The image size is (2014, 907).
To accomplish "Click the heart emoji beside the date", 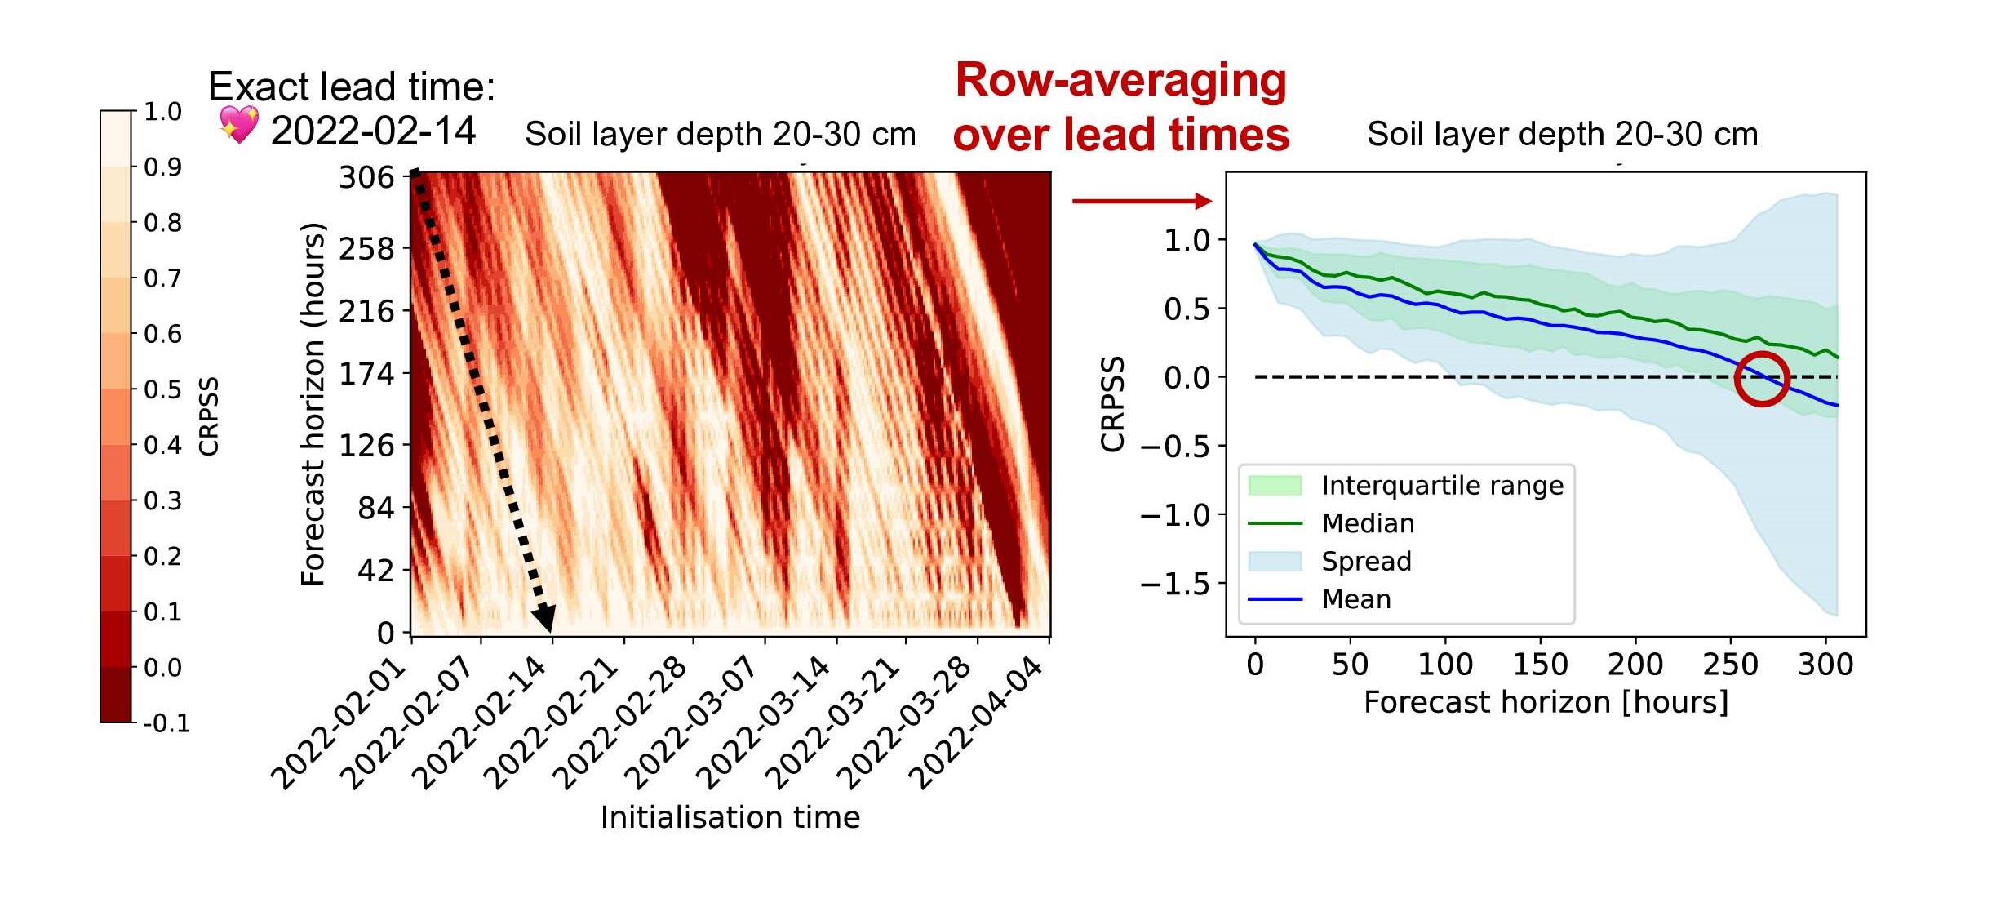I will [238, 125].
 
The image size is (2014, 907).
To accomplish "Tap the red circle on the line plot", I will [1762, 379].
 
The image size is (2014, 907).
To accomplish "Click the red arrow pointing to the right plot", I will [1142, 201].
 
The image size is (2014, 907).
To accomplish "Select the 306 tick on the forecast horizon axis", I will [366, 177].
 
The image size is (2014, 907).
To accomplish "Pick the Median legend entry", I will [1368, 523].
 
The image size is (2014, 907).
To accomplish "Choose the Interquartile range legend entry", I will [1442, 486].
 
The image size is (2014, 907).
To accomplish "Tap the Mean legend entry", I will [1356, 599].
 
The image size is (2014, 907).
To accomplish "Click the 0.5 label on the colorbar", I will [162, 389].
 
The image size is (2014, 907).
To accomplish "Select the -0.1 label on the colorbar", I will [166, 723].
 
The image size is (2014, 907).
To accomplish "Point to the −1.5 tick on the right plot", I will [1174, 585].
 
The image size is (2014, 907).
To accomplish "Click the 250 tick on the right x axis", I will [1730, 665].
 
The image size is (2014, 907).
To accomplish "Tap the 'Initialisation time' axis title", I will [730, 817].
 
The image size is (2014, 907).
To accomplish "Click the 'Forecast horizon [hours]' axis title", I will [1546, 702].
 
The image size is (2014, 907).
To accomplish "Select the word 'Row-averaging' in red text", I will [1120, 81].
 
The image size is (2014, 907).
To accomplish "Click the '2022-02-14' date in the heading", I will [373, 131].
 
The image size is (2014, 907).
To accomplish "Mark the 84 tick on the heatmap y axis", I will [375, 509].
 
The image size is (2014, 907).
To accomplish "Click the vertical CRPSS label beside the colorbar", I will [209, 416].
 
